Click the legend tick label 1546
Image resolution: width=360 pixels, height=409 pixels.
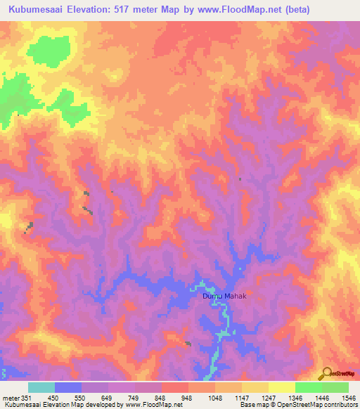(x=348, y=398)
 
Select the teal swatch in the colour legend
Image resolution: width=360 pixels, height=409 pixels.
(x=41, y=387)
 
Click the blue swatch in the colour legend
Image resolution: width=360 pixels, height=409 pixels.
(x=68, y=387)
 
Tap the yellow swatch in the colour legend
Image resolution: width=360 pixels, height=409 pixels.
(x=281, y=387)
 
